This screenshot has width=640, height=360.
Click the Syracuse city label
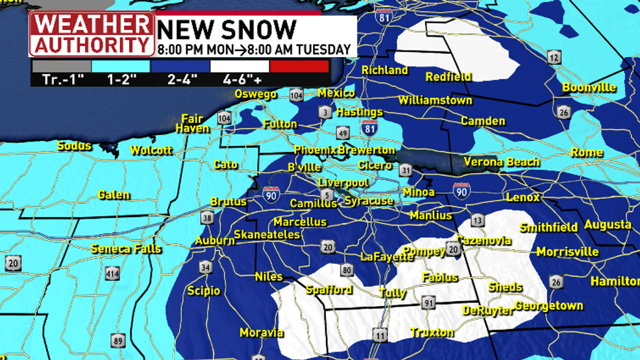coord(369,201)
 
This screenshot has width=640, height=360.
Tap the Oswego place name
coord(255,94)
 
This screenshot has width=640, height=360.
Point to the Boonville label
coord(589,87)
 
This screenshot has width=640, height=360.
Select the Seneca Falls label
coord(126,248)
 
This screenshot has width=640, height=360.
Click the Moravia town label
coord(261,333)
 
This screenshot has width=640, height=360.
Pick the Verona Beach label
coord(501,162)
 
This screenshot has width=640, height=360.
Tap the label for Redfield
coord(448,77)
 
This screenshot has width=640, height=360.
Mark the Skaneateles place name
coord(267,234)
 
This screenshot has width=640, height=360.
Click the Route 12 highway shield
coord(554,58)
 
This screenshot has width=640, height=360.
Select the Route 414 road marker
coord(112,274)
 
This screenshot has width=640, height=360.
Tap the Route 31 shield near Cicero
coord(406,170)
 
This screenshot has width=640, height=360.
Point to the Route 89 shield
coord(117,341)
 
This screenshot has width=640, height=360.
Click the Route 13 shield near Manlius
coord(477,221)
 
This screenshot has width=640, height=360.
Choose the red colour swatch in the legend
coord(299,66)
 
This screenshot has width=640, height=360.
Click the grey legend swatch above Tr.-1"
coord(61,66)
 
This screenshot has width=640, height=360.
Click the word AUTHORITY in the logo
coord(92,45)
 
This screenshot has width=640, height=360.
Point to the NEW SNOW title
coord(227,29)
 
